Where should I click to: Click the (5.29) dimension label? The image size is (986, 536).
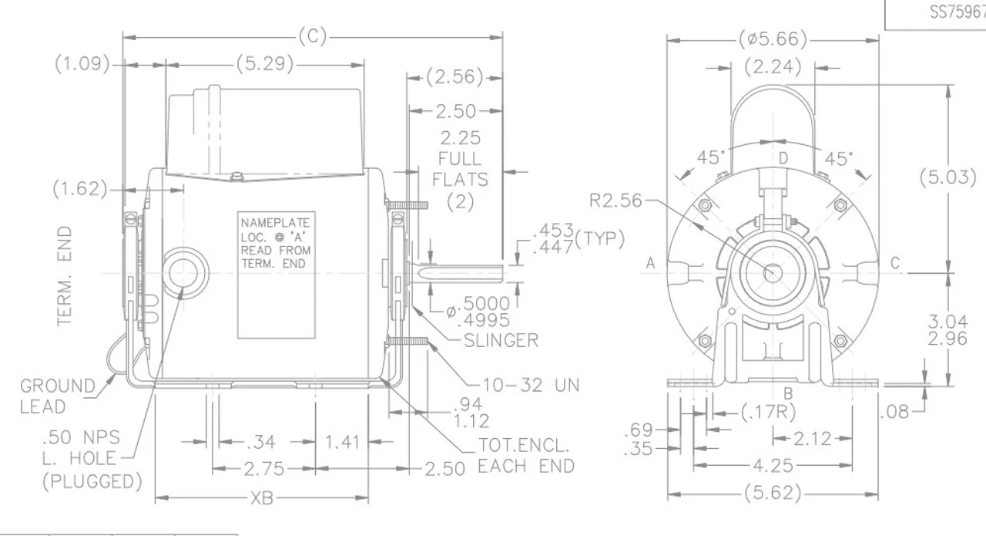265,65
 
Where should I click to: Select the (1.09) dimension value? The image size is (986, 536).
82,65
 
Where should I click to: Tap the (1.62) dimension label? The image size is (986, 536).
81,189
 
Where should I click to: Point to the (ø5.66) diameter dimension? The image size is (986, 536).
773,39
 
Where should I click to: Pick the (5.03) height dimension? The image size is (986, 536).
947,177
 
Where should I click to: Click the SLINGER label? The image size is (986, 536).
501,340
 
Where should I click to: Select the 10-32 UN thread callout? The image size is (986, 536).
531,385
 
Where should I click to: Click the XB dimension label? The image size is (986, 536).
263,498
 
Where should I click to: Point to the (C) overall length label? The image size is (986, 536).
312,37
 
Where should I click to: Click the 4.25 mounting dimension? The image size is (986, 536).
773,465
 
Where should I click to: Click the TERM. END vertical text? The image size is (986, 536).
66,275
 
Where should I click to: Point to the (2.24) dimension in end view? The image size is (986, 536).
773,68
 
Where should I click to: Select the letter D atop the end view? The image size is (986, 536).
783,159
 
